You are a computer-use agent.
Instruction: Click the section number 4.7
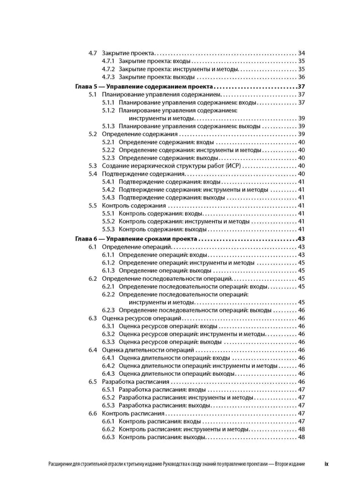point(93,53)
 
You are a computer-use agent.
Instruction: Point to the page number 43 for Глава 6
point(302,239)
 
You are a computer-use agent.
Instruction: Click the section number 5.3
point(93,165)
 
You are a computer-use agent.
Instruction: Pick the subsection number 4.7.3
point(108,77)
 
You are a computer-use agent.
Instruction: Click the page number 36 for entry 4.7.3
point(302,77)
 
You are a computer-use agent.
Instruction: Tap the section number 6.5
point(93,381)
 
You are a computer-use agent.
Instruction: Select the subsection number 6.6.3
point(108,437)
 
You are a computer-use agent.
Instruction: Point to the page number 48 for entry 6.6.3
point(302,437)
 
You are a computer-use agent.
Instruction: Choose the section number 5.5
point(93,205)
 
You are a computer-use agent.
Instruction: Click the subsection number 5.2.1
point(108,142)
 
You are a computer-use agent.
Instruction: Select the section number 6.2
point(93,278)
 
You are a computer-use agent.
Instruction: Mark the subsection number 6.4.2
point(108,366)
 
